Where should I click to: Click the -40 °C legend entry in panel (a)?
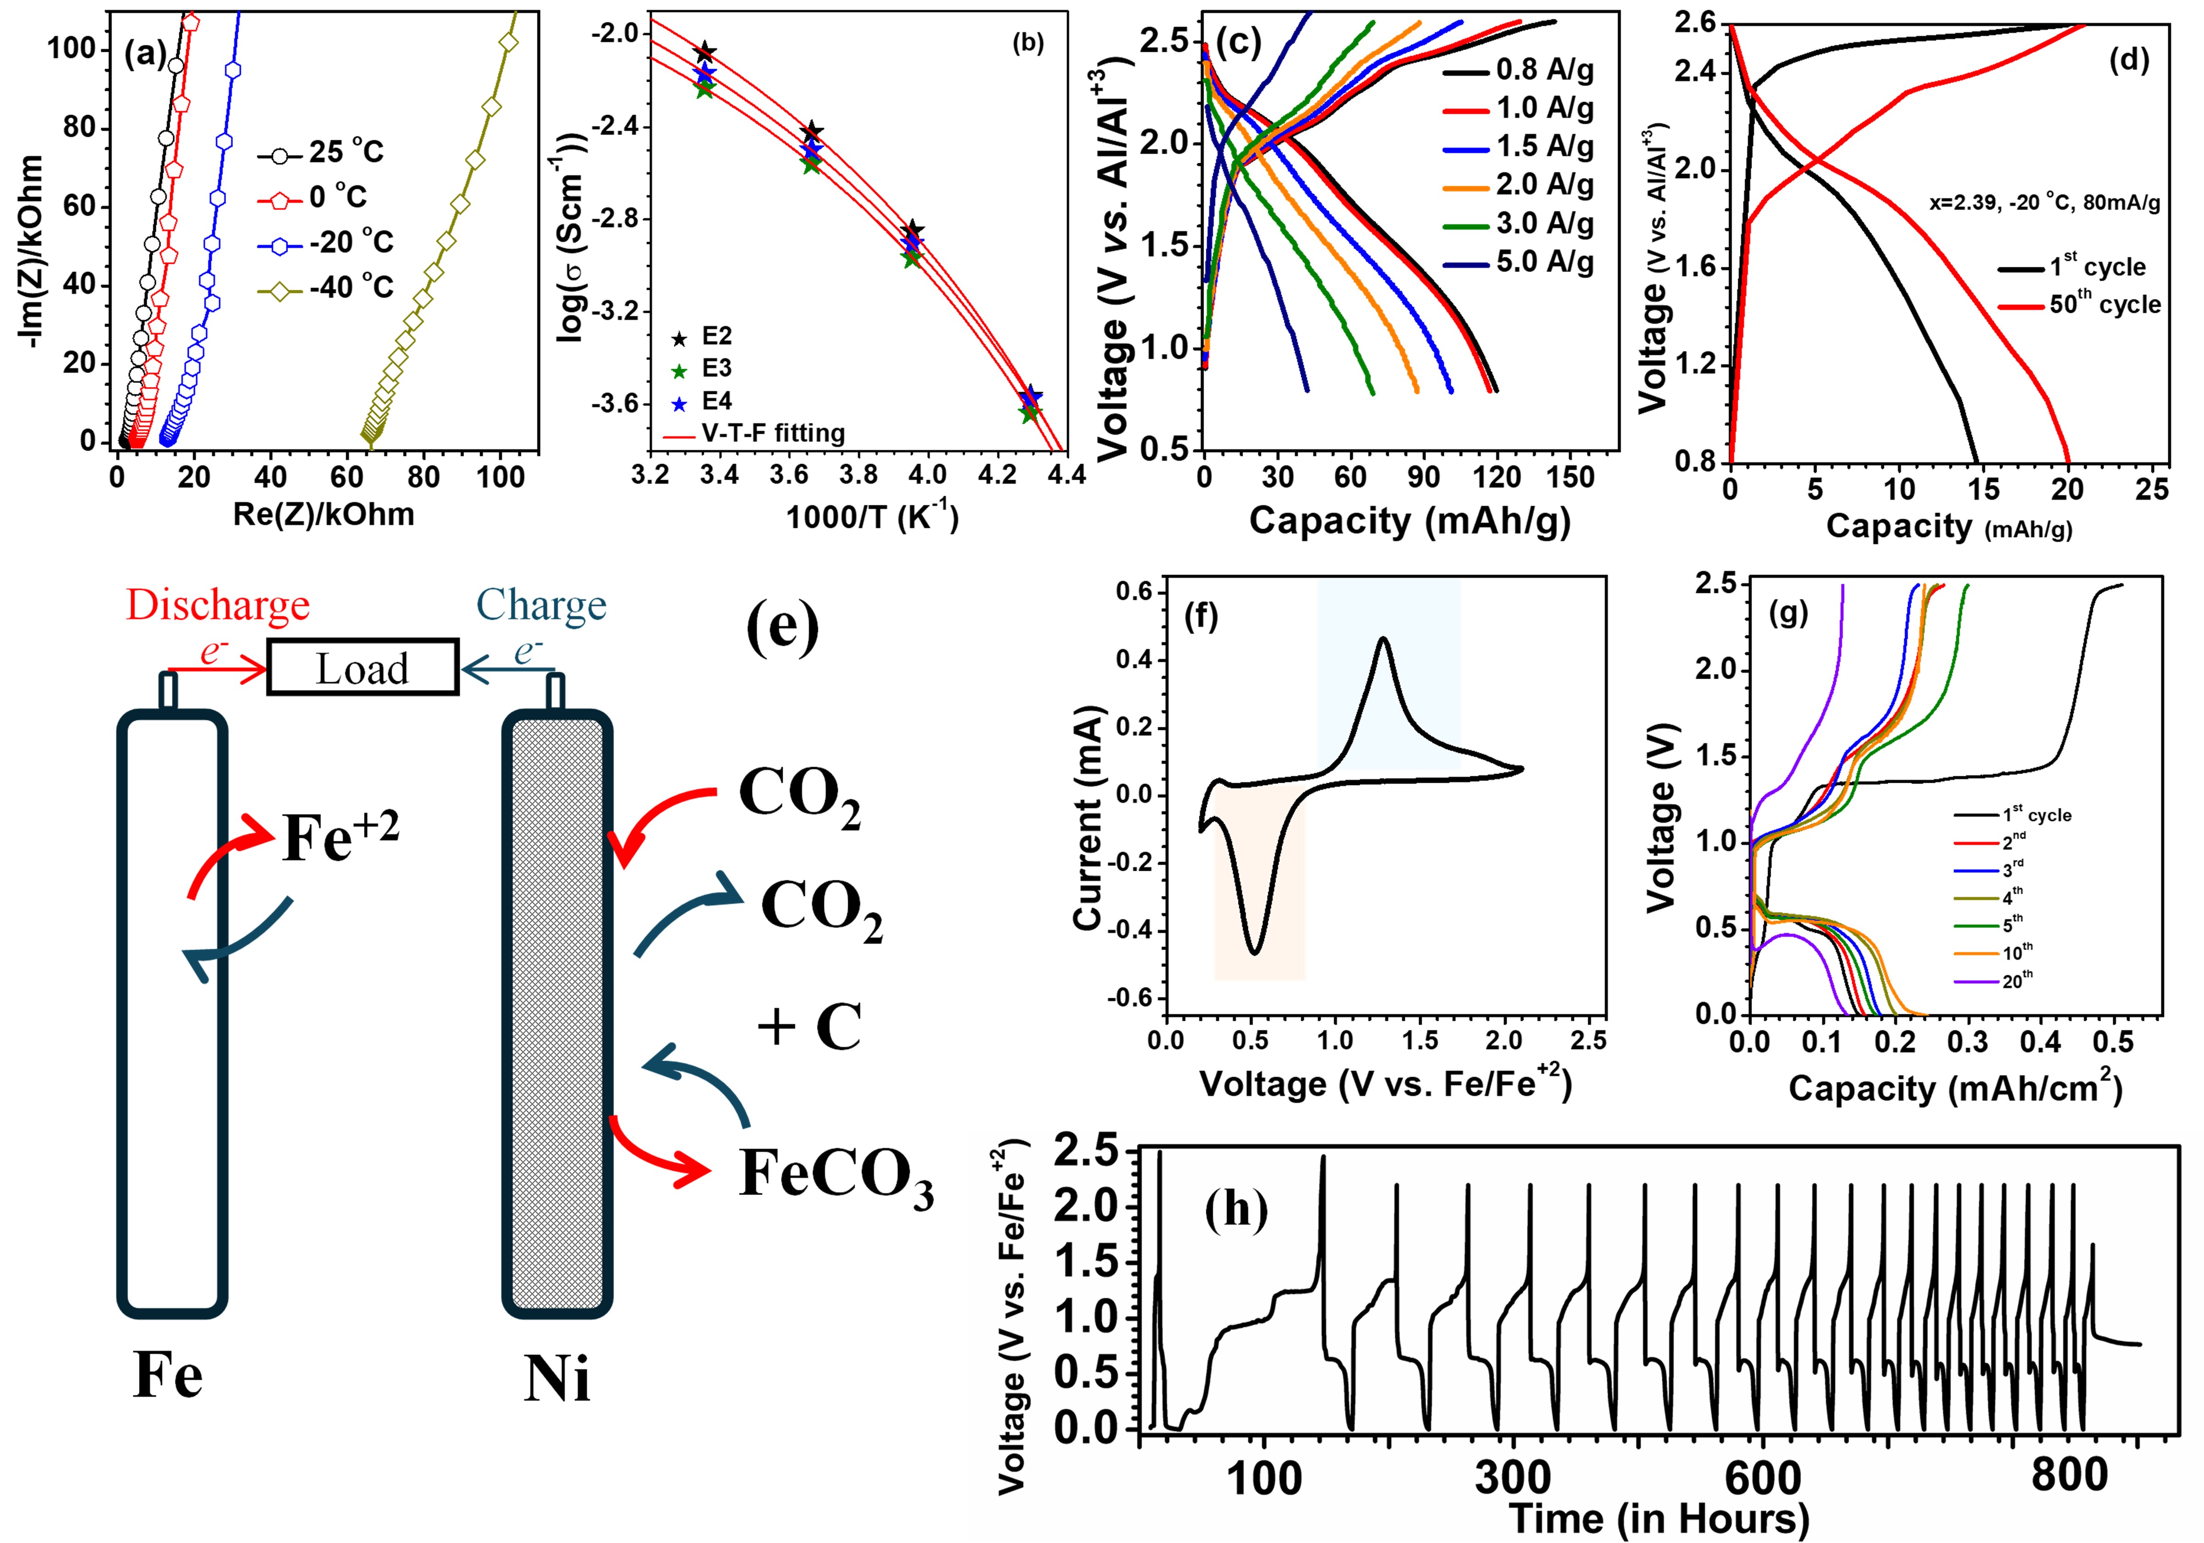click(x=326, y=287)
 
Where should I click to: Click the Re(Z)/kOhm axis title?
click(x=324, y=514)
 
